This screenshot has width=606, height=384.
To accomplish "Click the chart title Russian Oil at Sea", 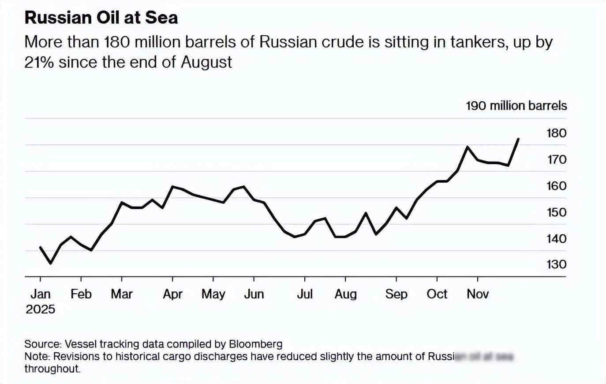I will (101, 18).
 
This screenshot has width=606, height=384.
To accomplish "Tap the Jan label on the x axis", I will (40, 294).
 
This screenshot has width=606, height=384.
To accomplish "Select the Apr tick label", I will (172, 294).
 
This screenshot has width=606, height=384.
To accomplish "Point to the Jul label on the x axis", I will (304, 294).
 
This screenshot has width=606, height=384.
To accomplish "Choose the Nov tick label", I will (478, 294).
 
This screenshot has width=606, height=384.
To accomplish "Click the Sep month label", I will (396, 294).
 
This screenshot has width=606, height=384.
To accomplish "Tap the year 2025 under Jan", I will (40, 309).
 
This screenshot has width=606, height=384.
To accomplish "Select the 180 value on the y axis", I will (556, 133).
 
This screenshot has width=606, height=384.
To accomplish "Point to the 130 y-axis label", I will (556, 264).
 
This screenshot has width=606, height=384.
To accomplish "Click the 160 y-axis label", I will (556, 186).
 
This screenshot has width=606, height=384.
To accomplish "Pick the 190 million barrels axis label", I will (516, 106).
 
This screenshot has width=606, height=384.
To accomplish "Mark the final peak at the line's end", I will (518, 139).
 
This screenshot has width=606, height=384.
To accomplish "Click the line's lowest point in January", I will (51, 263).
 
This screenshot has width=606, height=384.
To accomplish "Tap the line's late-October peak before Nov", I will (468, 146).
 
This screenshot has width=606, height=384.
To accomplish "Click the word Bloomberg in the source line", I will (255, 344).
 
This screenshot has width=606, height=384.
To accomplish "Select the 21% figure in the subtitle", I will (39, 62).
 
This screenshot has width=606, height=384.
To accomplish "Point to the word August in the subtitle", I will (206, 62).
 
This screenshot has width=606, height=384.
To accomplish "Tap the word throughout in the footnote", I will (52, 369).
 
